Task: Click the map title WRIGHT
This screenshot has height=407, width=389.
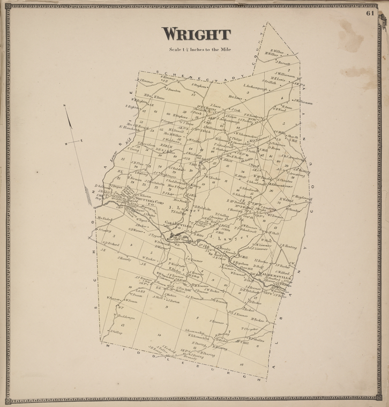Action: pos(197,35)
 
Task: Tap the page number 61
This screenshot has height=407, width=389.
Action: pos(370,13)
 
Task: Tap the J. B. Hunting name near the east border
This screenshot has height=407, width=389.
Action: pos(288,247)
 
